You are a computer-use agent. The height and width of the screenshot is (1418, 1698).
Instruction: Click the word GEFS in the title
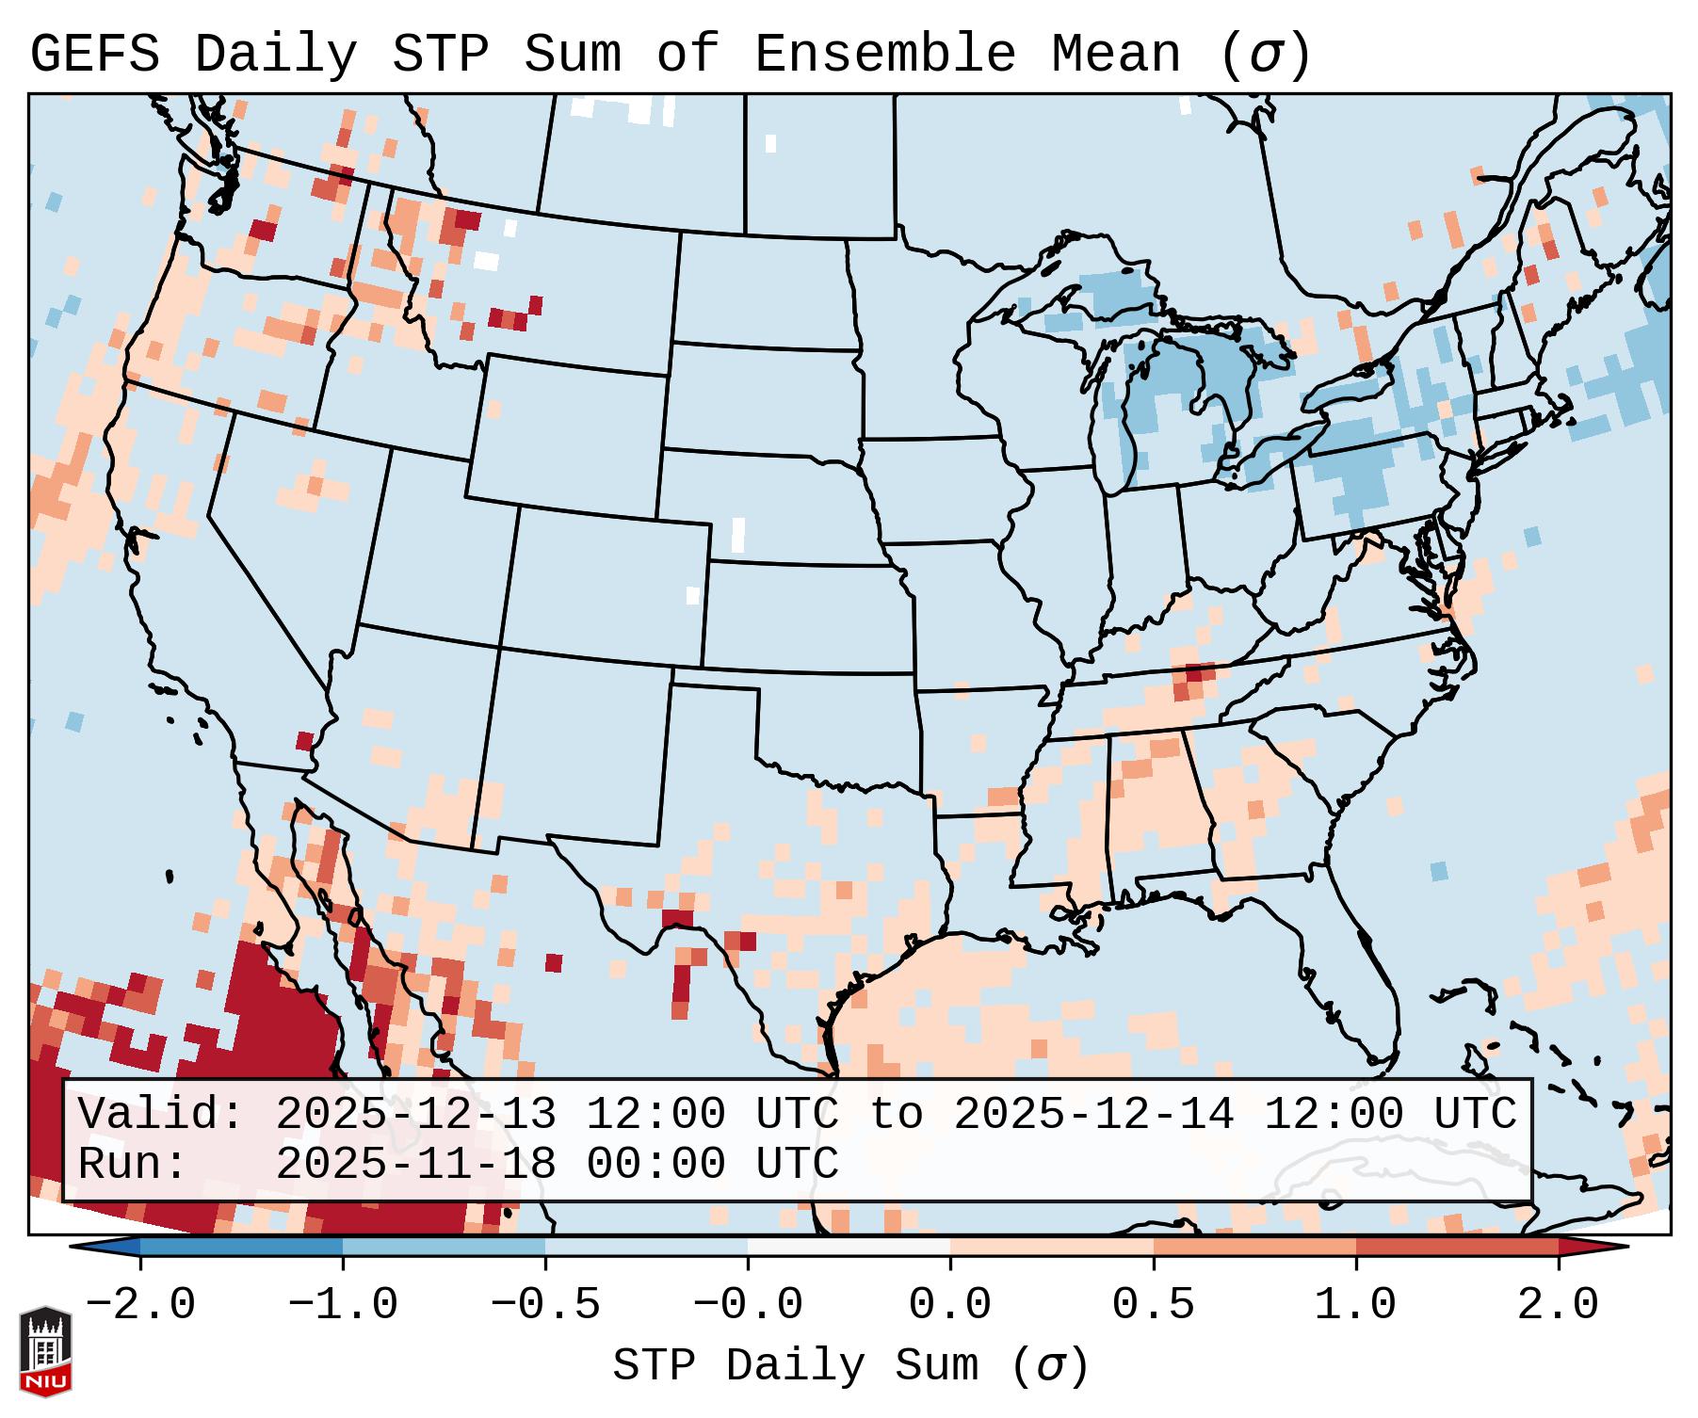[x=94, y=55]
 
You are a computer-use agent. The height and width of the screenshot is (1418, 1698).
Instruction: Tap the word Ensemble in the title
[x=885, y=55]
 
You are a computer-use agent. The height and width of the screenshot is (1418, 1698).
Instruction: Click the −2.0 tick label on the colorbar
[x=140, y=1305]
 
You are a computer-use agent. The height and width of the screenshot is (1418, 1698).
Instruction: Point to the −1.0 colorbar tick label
[x=343, y=1305]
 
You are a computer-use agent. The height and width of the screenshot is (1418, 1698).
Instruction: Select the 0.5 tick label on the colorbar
[x=1154, y=1305]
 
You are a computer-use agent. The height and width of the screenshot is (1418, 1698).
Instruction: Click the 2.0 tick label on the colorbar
[x=1559, y=1305]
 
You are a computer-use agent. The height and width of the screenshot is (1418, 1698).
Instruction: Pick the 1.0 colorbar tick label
[x=1356, y=1305]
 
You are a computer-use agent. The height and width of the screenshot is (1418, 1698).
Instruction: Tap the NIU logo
[x=45, y=1351]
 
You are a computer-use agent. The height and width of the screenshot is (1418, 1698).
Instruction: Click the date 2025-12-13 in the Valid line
[x=415, y=1115]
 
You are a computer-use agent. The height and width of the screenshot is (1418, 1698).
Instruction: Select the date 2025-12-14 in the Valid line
[x=1093, y=1115]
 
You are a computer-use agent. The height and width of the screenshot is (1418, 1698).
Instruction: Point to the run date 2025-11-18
[x=415, y=1165]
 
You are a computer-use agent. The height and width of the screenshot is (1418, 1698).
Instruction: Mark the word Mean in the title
[x=1116, y=55]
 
